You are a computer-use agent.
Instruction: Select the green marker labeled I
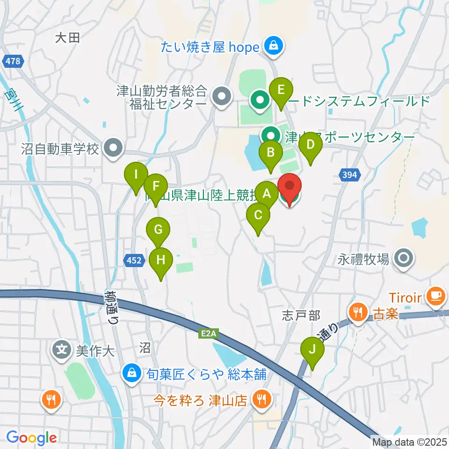[136, 176]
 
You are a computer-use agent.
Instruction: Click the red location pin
[290, 187]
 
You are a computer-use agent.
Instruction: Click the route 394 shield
[351, 174]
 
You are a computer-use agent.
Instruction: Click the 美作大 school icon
[62, 349]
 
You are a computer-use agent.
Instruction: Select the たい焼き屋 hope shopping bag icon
[272, 46]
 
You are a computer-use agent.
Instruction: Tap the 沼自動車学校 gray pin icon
[113, 149]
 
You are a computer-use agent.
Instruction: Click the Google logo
[31, 438]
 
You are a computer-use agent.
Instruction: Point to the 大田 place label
[67, 38]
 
